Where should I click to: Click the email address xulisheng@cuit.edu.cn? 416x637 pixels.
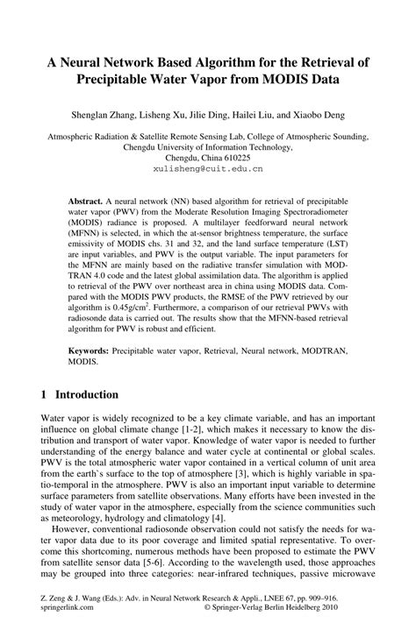[207, 162]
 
